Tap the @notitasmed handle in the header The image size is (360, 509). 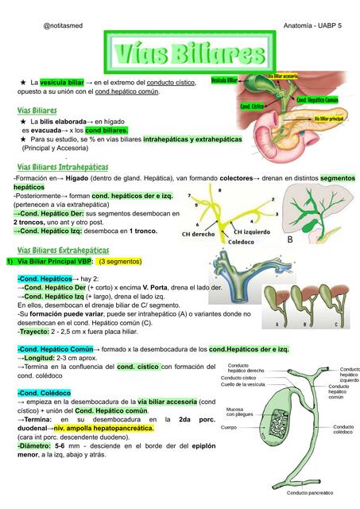(64, 26)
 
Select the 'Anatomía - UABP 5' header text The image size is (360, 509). (312, 26)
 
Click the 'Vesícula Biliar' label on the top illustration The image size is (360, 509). (224, 80)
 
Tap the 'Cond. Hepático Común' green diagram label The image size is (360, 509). (339, 100)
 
